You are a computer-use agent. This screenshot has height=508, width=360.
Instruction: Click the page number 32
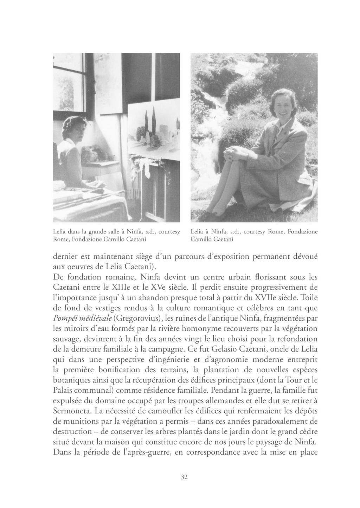184,477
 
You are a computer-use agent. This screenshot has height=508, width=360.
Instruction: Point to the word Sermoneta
70,411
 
